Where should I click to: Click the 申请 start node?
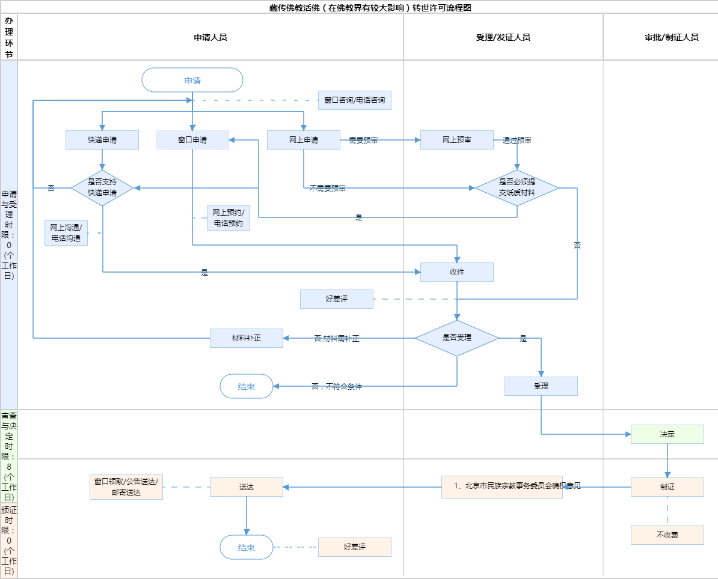(x=192, y=80)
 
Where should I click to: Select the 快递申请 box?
(x=102, y=140)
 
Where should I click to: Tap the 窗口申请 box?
(x=192, y=140)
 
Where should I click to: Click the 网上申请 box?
(x=304, y=140)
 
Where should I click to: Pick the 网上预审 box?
(x=457, y=140)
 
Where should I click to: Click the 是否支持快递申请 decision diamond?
(x=102, y=188)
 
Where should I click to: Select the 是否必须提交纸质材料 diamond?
(x=517, y=188)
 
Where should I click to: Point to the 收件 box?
(x=457, y=272)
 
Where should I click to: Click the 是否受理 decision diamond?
(x=457, y=338)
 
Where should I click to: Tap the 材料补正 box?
(x=247, y=338)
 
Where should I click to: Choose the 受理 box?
(x=541, y=386)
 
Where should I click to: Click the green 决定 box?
(x=667, y=434)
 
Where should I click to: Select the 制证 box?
(x=667, y=487)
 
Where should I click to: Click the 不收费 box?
(x=667, y=535)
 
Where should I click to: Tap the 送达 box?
(x=247, y=487)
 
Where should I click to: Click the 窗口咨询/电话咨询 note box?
(x=355, y=100)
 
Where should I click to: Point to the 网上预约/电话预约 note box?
(x=229, y=218)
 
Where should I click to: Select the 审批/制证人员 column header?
(x=672, y=37)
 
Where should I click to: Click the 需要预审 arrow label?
(x=363, y=140)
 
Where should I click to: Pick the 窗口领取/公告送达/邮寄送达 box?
(x=126, y=487)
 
